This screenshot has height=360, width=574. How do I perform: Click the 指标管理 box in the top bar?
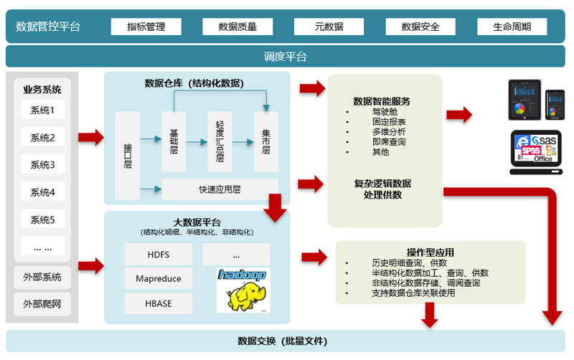[x=146, y=27]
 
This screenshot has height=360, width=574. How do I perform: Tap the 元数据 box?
[x=329, y=27]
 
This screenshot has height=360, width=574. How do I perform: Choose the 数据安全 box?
[x=420, y=27]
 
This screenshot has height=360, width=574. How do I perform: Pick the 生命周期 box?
[x=512, y=27]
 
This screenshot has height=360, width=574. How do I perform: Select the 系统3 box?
[x=42, y=165]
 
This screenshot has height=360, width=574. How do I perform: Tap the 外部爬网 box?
[x=42, y=304]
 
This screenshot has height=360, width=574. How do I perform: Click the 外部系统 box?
[x=42, y=277]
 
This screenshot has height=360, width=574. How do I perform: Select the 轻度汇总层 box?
[x=220, y=141]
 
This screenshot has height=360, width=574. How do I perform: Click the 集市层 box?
[x=266, y=141]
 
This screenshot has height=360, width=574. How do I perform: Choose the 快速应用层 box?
[x=220, y=190]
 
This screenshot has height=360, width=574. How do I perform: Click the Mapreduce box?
[x=158, y=278]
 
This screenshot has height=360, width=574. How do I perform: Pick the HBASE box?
[x=158, y=303]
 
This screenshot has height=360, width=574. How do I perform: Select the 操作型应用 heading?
[x=430, y=252]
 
